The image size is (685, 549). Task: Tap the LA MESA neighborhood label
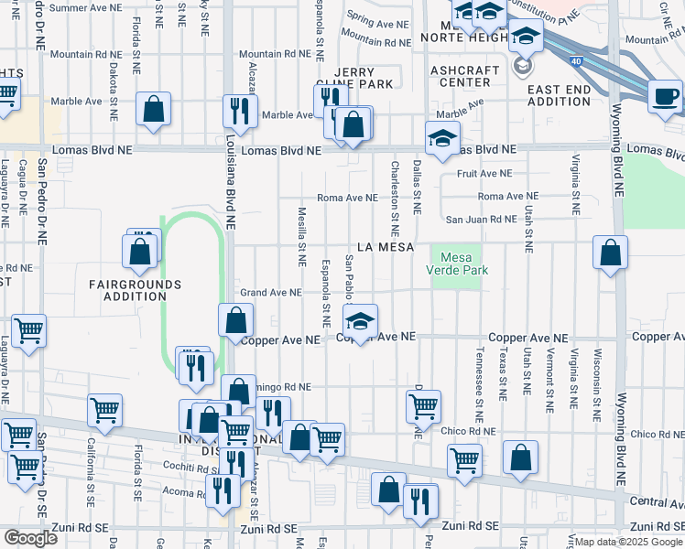pyautogui.click(x=386, y=247)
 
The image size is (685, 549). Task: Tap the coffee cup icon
pyautogui.click(x=666, y=96)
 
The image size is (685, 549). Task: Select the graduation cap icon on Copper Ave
pyautogui.click(x=361, y=321)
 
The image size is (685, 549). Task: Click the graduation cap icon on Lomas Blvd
pyautogui.click(x=442, y=139)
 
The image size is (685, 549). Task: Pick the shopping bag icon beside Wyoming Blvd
pyautogui.click(x=610, y=253)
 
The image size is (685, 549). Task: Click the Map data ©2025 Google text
pyautogui.click(x=628, y=542)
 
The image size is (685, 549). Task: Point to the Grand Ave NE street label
pyautogui.click(x=271, y=293)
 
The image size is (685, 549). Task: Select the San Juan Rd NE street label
pyautogui.click(x=481, y=219)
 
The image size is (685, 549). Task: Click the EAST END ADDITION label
pyautogui.click(x=559, y=95)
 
